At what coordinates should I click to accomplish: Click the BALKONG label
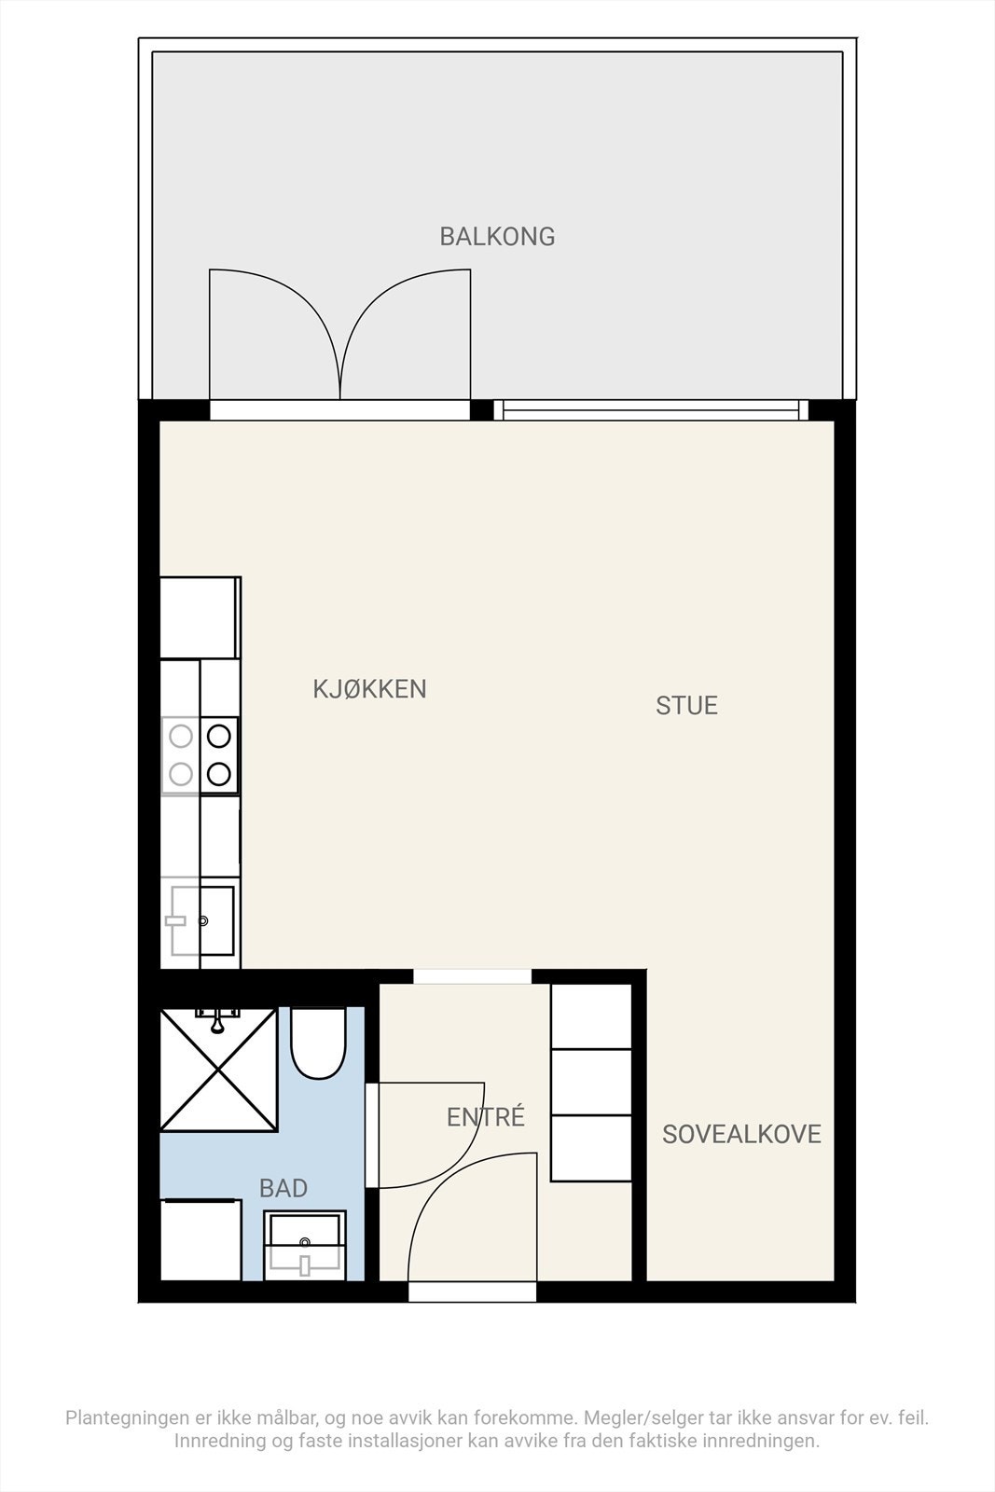point(497,237)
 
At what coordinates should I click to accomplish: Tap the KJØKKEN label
point(369,689)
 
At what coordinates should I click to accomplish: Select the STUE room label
point(686,706)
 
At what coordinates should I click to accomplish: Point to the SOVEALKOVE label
point(741,1134)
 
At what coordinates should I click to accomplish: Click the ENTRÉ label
point(486,1116)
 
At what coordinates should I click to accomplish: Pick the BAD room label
point(283,1188)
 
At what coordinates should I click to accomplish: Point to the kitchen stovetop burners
point(200,754)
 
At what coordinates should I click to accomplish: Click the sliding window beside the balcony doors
point(651,409)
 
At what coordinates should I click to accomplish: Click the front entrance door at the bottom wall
point(472,1292)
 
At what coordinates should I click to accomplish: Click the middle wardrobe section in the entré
point(591,1082)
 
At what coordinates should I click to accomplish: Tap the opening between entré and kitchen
point(472,976)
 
